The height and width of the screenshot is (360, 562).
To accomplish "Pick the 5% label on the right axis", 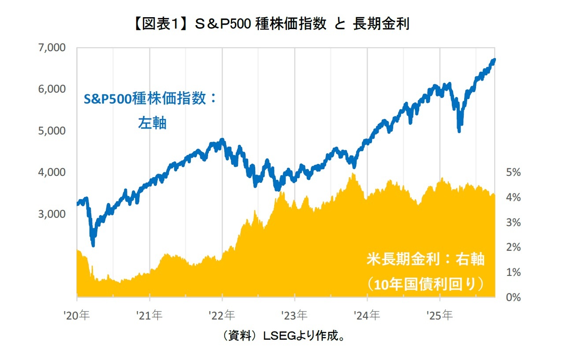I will pyautogui.click(x=513, y=172).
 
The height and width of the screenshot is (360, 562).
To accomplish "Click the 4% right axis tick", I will pyautogui.click(x=513, y=197).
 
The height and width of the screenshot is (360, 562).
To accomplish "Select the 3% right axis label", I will pyautogui.click(x=513, y=223).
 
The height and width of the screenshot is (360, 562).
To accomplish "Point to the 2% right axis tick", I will pyautogui.click(x=513, y=247).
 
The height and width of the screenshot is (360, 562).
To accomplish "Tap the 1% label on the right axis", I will pyautogui.click(x=513, y=272).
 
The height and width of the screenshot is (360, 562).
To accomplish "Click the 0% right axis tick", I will pyautogui.click(x=513, y=297).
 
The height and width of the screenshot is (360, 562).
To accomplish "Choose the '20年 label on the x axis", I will pyautogui.click(x=77, y=315).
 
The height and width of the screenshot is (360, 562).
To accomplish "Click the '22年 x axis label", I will pyautogui.click(x=222, y=315).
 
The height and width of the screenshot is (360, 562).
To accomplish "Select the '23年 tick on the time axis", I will pyautogui.click(x=295, y=315).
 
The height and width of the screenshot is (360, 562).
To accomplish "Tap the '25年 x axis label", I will pyautogui.click(x=440, y=315).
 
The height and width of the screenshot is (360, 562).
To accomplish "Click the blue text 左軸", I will pyautogui.click(x=152, y=123).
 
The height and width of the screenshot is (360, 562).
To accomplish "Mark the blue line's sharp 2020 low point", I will pyautogui.click(x=93, y=245).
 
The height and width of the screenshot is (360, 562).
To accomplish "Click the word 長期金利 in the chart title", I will pyautogui.click(x=381, y=24).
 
